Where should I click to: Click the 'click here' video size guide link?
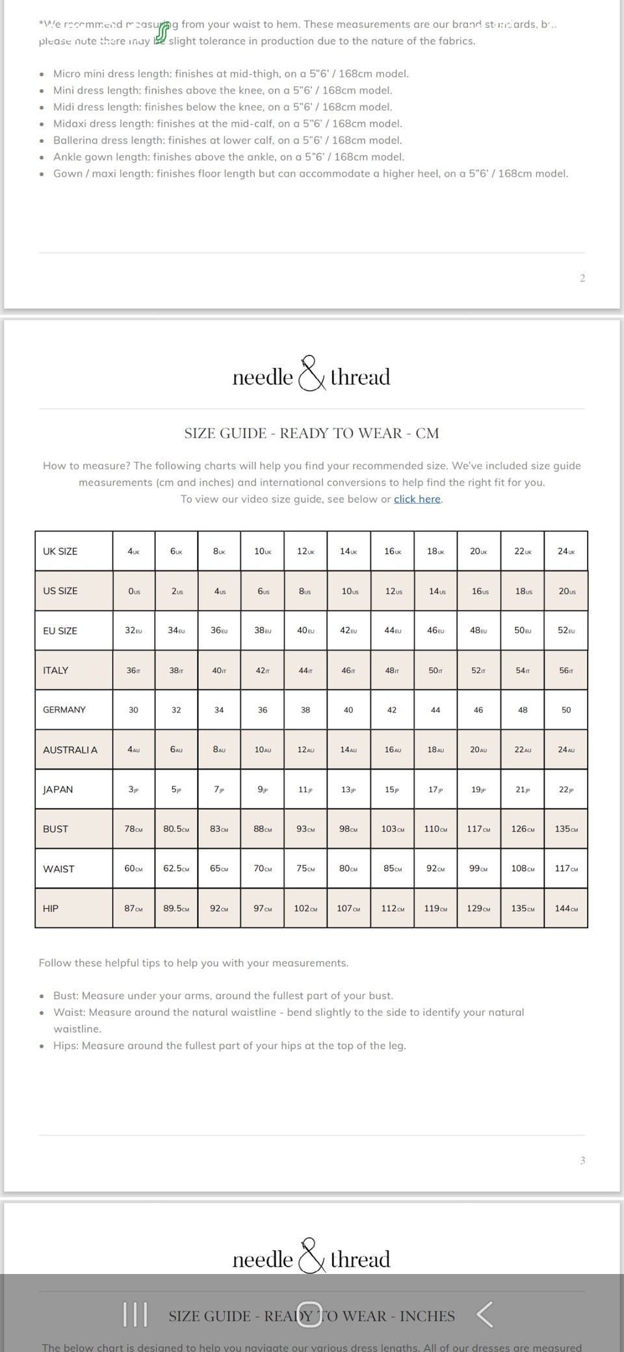(x=417, y=499)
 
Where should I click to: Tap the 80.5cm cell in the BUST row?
(x=176, y=829)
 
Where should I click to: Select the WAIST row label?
(x=59, y=868)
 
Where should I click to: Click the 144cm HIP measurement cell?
(x=566, y=908)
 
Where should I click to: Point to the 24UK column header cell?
(x=566, y=551)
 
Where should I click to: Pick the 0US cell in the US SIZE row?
(x=134, y=591)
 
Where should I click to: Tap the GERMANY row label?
(x=64, y=710)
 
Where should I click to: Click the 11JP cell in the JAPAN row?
(x=305, y=789)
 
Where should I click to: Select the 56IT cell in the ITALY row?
(x=566, y=670)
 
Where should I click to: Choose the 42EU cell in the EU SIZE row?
(x=349, y=630)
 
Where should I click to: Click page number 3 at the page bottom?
(x=582, y=1160)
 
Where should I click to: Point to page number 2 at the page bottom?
(x=582, y=278)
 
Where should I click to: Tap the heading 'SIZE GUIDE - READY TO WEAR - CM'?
(x=311, y=434)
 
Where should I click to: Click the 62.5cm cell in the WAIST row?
(x=176, y=868)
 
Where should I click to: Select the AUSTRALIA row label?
(x=70, y=749)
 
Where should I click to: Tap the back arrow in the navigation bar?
(x=485, y=1314)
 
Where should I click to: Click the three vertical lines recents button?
(x=135, y=1314)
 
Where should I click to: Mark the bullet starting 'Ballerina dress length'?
(x=227, y=140)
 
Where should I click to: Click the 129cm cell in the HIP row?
(x=479, y=908)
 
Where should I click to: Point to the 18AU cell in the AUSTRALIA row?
(x=435, y=749)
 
